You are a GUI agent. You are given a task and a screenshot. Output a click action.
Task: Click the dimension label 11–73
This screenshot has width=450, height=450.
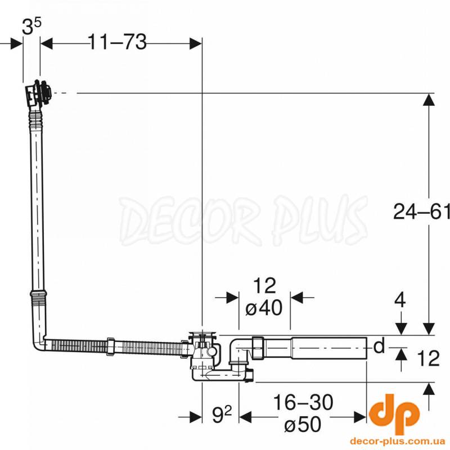[x=118, y=42]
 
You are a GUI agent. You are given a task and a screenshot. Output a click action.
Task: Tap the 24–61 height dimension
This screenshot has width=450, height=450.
[x=421, y=211]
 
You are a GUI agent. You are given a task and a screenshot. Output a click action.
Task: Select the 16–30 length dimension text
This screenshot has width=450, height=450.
[x=303, y=402]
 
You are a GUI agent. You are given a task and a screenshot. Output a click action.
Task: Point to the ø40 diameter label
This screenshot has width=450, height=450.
[x=264, y=308]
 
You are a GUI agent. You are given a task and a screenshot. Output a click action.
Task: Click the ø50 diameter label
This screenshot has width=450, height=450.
[x=303, y=424]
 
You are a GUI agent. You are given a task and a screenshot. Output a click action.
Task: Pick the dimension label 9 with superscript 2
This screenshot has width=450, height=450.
[x=222, y=415]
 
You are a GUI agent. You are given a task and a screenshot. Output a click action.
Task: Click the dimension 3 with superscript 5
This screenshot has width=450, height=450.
[x=31, y=26]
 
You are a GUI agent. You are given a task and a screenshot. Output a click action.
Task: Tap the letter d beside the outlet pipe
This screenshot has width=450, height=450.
[x=379, y=346]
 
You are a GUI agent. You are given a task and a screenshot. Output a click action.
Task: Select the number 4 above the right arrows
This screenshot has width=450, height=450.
[x=400, y=300]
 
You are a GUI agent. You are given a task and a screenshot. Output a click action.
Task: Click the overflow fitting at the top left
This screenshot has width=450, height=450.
[x=38, y=93]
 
